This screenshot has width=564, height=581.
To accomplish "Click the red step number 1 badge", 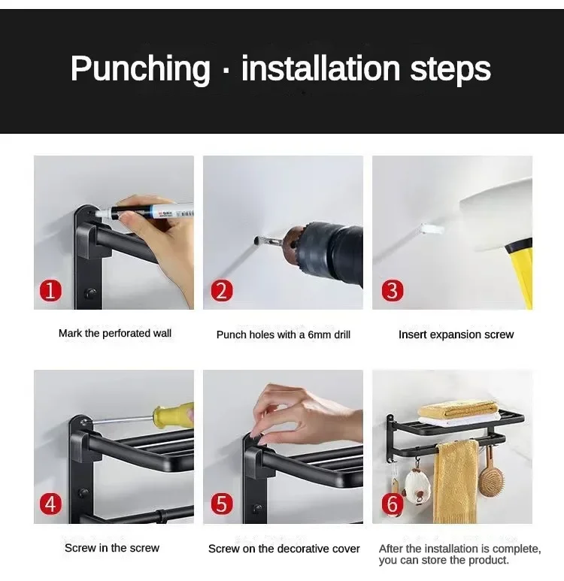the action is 50,290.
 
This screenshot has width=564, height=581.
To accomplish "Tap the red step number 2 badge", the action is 222,290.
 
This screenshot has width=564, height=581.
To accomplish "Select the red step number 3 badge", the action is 393,290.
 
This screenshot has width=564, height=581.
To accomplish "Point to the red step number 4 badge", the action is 50,504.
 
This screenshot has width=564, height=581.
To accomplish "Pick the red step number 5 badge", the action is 222,504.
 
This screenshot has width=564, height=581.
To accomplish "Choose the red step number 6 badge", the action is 393,504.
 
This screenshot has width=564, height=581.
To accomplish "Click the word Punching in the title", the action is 141,68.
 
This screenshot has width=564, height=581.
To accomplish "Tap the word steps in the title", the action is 450,69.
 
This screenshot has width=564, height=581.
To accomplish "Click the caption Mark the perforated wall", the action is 115,333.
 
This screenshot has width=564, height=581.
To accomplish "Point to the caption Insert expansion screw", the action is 456,334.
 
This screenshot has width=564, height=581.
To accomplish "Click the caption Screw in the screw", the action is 112,548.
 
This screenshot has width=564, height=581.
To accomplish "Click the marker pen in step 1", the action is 144,213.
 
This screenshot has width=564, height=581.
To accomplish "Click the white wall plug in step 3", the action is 432,229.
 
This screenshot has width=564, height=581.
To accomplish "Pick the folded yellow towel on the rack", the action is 458,409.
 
